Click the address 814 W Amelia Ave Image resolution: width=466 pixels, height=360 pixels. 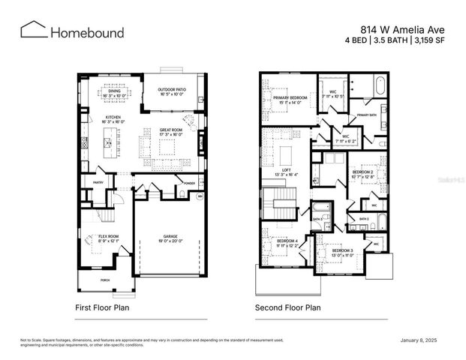pyautogui.click(x=403, y=25)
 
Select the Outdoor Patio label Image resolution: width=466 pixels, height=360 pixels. pyautogui.click(x=172, y=89)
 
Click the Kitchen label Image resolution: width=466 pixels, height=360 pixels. pyautogui.click(x=113, y=118)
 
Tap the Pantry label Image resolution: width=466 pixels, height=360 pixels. pyautogui.click(x=98, y=182)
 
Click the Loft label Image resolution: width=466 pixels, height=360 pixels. pyautogui.click(x=286, y=170)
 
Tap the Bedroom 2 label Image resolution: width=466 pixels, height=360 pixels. pyautogui.click(x=363, y=172)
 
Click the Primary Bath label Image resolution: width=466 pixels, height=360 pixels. pyautogui.click(x=366, y=115)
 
